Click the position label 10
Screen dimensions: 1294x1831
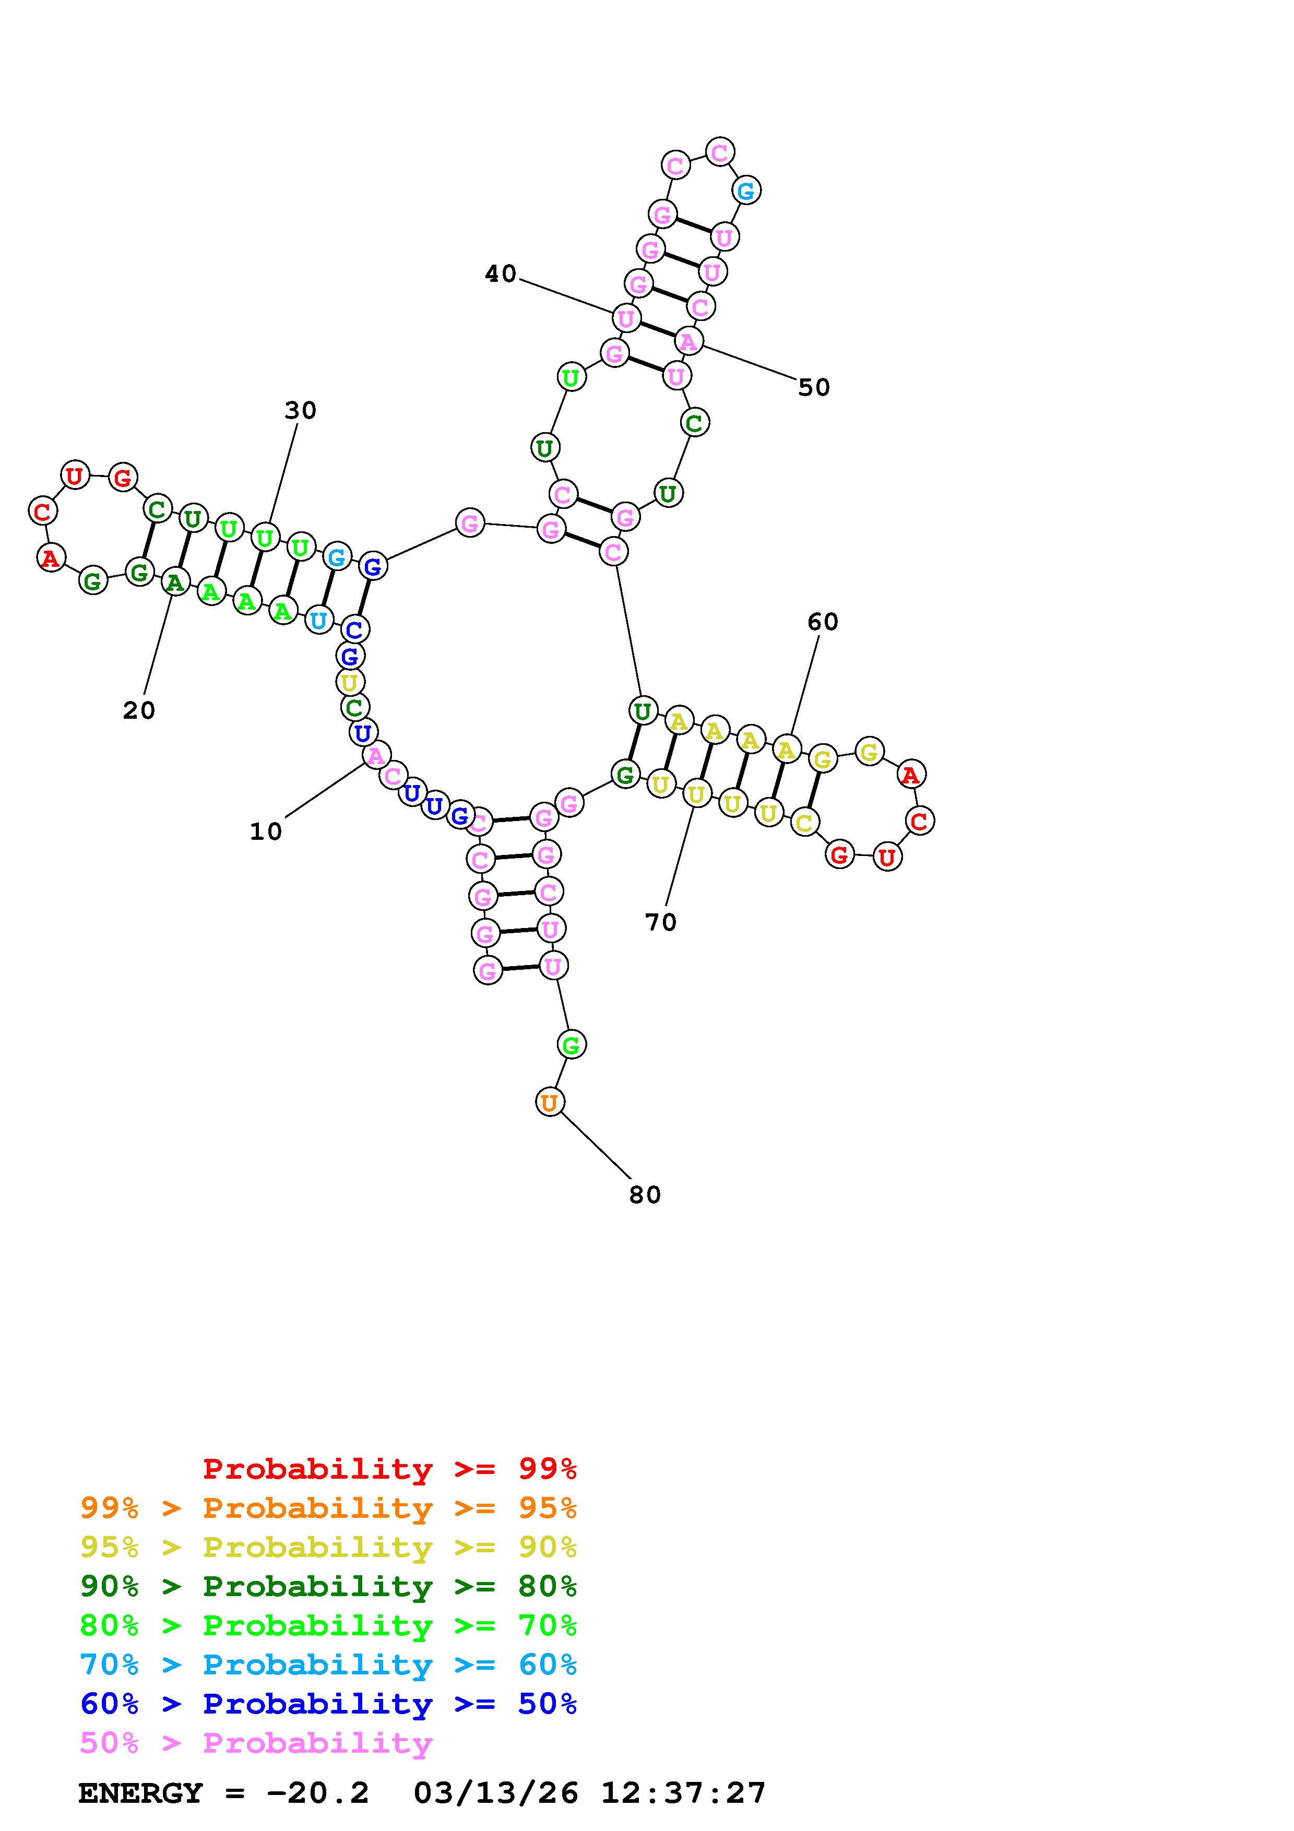266,832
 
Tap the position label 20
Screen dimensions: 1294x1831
139,710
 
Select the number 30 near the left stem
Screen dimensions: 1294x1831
301,411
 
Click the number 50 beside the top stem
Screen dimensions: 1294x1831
814,388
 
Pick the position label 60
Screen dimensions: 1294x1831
823,622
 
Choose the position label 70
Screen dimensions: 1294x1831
661,923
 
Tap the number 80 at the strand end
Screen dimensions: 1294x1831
645,1195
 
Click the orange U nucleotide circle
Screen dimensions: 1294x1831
549,1102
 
